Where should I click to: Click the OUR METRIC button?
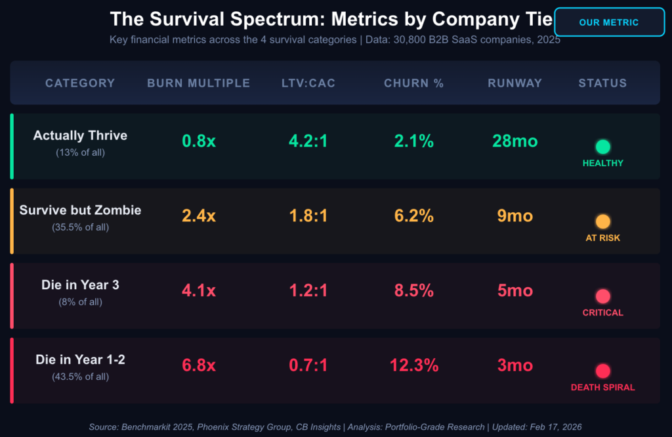point(608,22)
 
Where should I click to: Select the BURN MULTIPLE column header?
point(198,83)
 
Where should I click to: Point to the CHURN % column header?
point(413,83)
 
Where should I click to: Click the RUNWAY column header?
point(514,83)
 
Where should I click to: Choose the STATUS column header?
point(602,83)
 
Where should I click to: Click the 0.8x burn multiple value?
point(198,141)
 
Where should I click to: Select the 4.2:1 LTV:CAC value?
point(308,141)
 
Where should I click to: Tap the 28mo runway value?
point(514,141)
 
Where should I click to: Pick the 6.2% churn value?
point(413,216)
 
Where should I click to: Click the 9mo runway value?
point(514,216)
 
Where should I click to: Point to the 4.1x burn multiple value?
point(198,290)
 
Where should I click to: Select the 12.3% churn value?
point(413,365)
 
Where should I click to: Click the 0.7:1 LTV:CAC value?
point(308,365)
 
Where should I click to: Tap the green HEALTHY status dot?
point(602,147)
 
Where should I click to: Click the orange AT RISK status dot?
point(602,222)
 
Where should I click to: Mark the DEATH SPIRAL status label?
point(602,388)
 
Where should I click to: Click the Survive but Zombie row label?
point(80,210)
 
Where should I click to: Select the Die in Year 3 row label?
point(80,285)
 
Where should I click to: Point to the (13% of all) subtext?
point(80,152)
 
